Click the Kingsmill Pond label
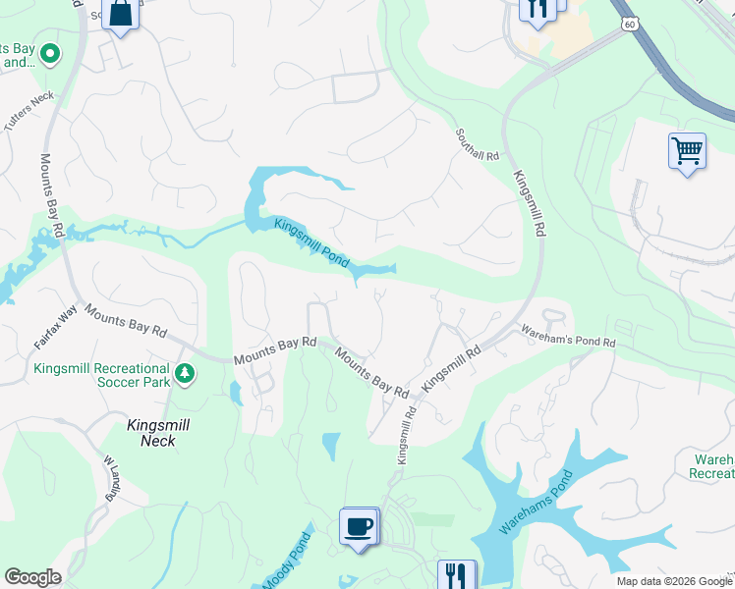pos(311,241)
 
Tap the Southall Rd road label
pos(478,143)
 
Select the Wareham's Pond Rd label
pos(567,336)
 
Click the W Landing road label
pos(109,477)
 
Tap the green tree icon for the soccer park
pos(185,373)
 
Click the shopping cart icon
pos(687,151)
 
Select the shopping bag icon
pos(121,14)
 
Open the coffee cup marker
pos(358,525)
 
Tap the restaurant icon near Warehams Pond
pos(455,574)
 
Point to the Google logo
pos(32,577)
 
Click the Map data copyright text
pos(674,581)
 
